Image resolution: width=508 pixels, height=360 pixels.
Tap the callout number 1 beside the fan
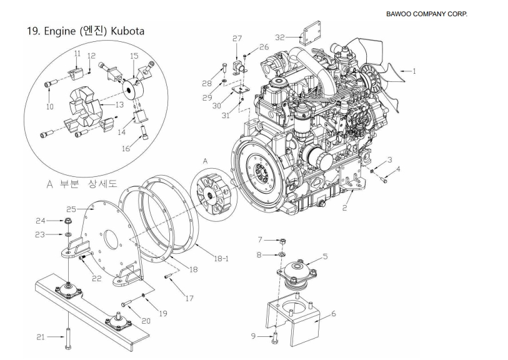point(413,71)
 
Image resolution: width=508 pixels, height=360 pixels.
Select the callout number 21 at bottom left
point(41,336)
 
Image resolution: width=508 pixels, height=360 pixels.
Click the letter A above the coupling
point(204,161)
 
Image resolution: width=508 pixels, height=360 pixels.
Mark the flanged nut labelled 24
point(67,221)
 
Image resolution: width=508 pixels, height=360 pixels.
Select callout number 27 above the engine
point(237,39)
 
